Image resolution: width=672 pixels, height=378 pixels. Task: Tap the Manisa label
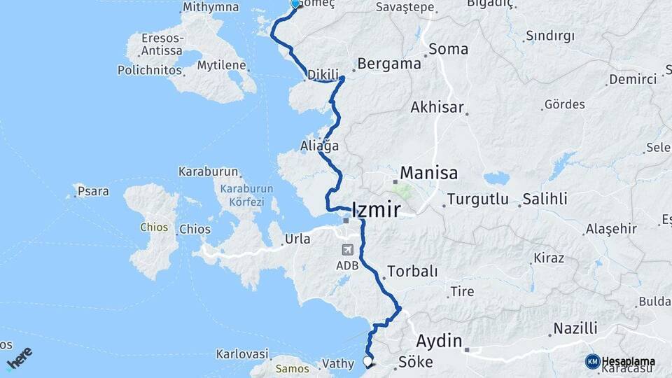point(428,173)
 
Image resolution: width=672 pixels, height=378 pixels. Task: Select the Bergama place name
point(389,64)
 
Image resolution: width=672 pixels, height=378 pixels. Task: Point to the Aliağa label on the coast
point(319,146)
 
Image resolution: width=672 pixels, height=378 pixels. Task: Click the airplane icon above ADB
point(347,250)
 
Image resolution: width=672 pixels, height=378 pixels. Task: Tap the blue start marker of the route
point(295,4)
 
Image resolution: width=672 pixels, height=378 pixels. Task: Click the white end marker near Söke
point(367,362)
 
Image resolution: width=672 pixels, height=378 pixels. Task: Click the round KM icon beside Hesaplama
point(592,361)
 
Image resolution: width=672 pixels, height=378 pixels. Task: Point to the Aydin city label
point(440,342)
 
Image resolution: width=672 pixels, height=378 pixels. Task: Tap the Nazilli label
point(575,328)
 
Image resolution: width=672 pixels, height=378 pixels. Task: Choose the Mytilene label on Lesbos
point(220,66)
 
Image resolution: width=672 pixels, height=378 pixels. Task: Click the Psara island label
point(92,191)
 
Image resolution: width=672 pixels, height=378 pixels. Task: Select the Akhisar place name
point(437,108)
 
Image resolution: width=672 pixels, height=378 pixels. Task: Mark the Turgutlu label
point(478,199)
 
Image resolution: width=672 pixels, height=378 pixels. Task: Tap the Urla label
point(297,239)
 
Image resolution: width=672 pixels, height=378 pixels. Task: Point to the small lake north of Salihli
point(496,178)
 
